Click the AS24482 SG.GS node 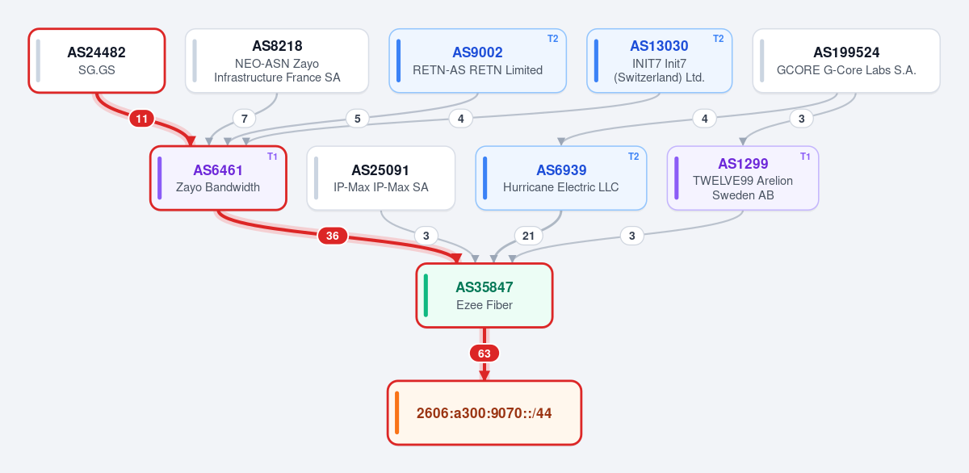coord(97,61)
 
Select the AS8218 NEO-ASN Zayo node coord(277,61)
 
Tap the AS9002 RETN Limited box coord(477,61)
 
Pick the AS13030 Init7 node coord(659,61)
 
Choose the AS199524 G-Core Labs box coord(846,61)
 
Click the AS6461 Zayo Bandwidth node coord(218,178)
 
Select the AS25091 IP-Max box coord(380,178)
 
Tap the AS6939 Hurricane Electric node coord(561,178)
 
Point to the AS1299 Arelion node coord(743,178)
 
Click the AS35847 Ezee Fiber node coord(484,295)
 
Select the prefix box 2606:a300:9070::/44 coord(484,413)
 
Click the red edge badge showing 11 coord(142,119)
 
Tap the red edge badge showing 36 coord(332,236)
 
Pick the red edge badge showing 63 coord(484,354)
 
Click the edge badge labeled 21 coord(528,236)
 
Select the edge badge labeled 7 coord(245,119)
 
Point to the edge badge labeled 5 coord(357,119)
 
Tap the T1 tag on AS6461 coord(272,157)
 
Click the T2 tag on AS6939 coord(633,157)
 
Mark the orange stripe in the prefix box coord(396,413)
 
